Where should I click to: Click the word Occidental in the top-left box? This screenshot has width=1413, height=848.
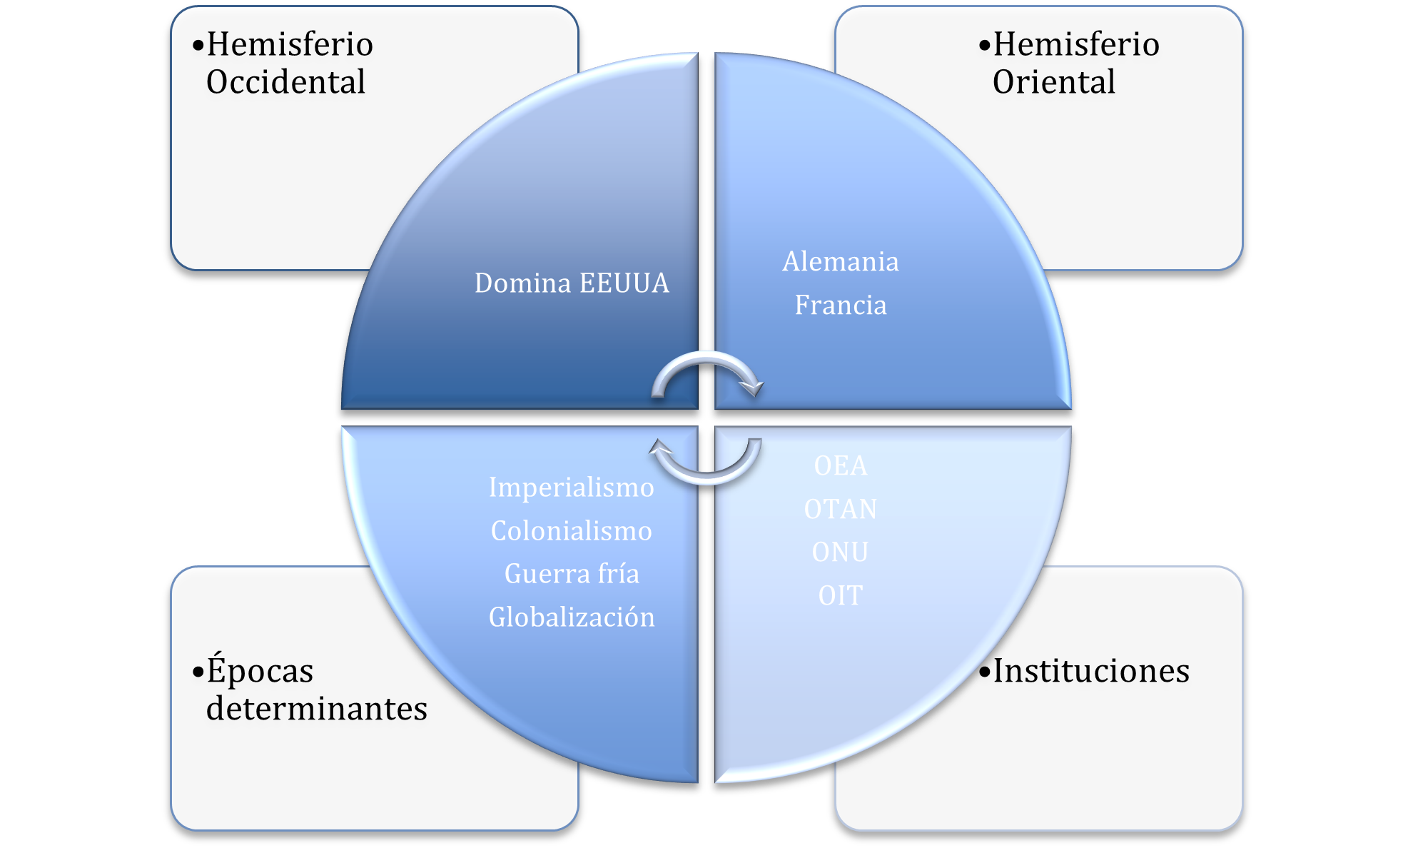click(285, 81)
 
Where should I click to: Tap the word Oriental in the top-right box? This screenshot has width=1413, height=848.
click(1053, 81)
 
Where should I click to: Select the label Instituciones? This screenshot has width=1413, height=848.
click(1091, 670)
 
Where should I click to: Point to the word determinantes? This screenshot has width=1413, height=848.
click(317, 708)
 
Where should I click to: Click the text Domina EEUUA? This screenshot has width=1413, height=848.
click(572, 283)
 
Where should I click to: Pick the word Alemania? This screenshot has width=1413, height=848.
click(841, 261)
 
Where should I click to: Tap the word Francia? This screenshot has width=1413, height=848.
click(841, 305)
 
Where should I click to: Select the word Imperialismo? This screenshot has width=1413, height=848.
click(572, 488)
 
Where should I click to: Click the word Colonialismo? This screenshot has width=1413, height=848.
click(572, 531)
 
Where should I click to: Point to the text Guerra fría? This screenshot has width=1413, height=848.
click(572, 574)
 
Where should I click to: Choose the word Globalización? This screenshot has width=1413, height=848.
click(572, 617)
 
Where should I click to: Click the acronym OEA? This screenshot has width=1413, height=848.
click(841, 466)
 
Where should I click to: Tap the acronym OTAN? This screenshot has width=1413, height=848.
click(841, 509)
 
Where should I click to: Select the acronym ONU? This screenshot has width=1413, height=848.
click(841, 552)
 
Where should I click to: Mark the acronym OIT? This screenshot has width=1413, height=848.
click(841, 595)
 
